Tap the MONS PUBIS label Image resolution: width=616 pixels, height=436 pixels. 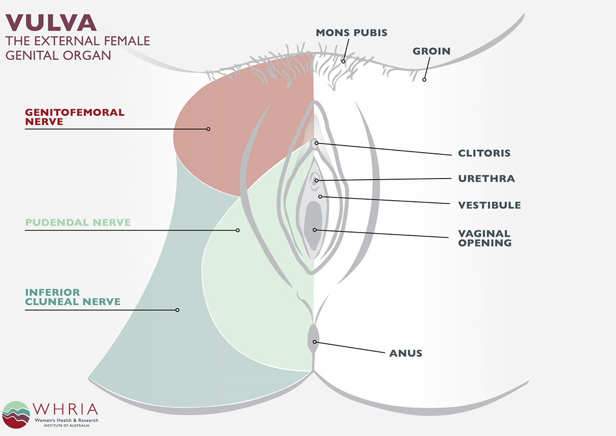pyautogui.click(x=351, y=33)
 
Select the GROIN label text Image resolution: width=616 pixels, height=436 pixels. pyautogui.click(x=431, y=51)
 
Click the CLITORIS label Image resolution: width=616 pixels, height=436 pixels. pyautogui.click(x=484, y=153)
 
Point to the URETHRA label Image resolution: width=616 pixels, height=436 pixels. pyautogui.click(x=486, y=179)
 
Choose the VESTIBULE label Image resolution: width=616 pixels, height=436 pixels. pyautogui.click(x=489, y=205)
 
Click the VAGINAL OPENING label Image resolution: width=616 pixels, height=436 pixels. pyautogui.click(x=484, y=238)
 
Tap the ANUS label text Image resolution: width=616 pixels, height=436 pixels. pyautogui.click(x=406, y=353)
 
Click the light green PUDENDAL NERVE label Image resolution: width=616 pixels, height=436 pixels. pyautogui.click(x=78, y=222)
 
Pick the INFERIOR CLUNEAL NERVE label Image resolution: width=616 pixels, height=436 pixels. pyautogui.click(x=72, y=297)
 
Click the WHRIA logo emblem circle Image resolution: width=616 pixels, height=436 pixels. pyautogui.click(x=16, y=414)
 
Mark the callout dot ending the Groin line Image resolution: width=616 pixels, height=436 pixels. pyautogui.click(x=424, y=79)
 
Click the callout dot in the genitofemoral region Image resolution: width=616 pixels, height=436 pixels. pyautogui.click(x=208, y=129)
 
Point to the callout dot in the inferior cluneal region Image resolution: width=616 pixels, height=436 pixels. pyautogui.click(x=177, y=310)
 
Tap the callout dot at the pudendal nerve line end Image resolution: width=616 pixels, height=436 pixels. pyautogui.click(x=237, y=230)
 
